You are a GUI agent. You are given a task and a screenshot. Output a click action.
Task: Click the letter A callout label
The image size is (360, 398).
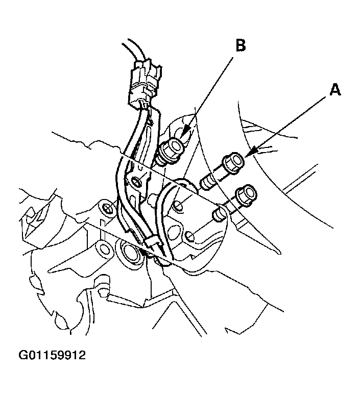coord(335,90)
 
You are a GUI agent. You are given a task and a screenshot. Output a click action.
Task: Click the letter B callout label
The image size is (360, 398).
coord(241,46)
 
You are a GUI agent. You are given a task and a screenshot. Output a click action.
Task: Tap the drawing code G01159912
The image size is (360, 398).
coord(52,355)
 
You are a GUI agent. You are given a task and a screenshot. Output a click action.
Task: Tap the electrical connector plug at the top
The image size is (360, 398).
coord(145,83)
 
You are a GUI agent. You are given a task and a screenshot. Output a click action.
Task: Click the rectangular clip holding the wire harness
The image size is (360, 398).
coord(154,242)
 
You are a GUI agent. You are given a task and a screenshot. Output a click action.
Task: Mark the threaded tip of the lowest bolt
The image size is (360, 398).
coord(219,214)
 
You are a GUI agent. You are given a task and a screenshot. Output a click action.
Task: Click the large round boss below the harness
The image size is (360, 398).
coord(130,255)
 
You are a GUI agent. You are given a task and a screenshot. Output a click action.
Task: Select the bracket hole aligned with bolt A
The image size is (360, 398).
coord(178,206)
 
